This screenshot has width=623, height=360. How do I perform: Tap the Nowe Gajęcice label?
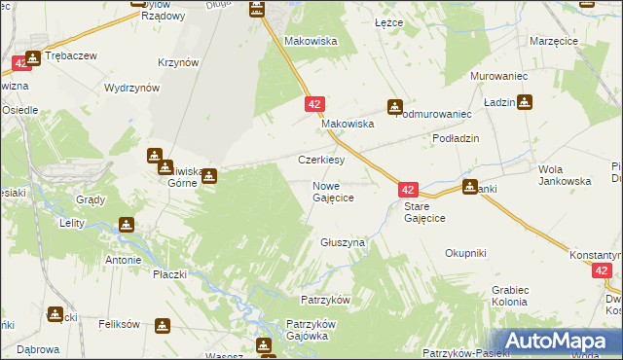pyautogui.click(x=332, y=192)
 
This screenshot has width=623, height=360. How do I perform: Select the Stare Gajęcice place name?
pyautogui.click(x=424, y=212)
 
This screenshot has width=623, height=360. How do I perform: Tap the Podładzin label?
pyautogui.click(x=457, y=139)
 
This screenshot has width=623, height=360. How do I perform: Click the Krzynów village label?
pyautogui.click(x=178, y=61)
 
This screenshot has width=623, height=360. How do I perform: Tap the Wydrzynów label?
pyautogui.click(x=131, y=88)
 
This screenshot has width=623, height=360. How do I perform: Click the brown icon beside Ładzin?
pyautogui.click(x=526, y=101)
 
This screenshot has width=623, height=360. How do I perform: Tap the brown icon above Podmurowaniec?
pyautogui.click(x=395, y=107)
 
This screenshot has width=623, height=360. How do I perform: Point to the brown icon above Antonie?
pyautogui.click(x=127, y=226)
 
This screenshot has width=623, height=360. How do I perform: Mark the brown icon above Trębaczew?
pyautogui.click(x=35, y=57)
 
